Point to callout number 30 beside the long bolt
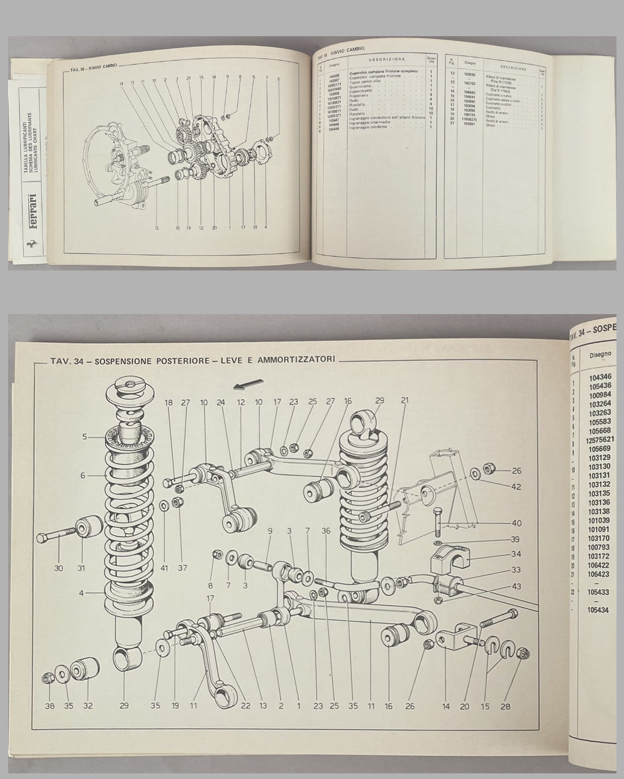point(59,568)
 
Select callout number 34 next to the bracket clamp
point(516,554)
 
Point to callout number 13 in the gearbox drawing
point(157,228)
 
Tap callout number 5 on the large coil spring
point(84,437)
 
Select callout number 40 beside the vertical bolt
point(516,523)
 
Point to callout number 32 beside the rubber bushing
point(88,706)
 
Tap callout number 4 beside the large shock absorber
point(81,593)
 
